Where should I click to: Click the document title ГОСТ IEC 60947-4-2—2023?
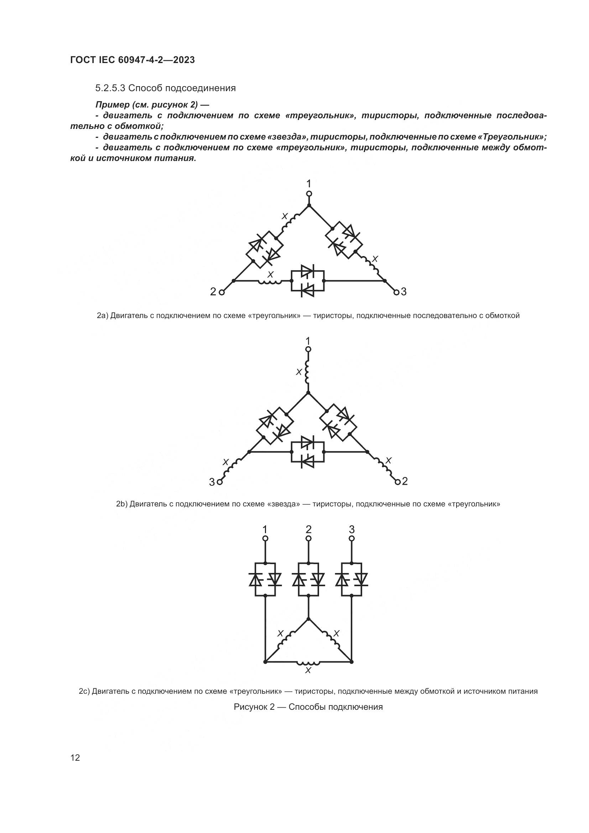pyautogui.click(x=132, y=60)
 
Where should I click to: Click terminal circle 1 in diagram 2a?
pyautogui.click(x=309, y=194)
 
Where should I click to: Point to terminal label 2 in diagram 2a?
pyautogui.click(x=213, y=292)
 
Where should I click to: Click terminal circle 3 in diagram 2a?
pyautogui.click(x=396, y=292)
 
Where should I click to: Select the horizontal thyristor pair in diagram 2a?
pyautogui.click(x=308, y=281)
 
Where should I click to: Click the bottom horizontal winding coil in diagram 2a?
pyautogui.click(x=270, y=282)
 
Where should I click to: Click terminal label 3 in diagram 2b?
pyautogui.click(x=212, y=482)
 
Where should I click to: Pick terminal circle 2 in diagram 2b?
pyautogui.click(x=397, y=482)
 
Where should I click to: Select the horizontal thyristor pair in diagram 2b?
pyautogui.click(x=308, y=452)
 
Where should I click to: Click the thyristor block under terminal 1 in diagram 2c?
pyautogui.click(x=265, y=580)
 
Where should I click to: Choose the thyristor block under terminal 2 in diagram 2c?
pyautogui.click(x=308, y=580)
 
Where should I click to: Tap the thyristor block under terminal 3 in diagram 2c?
pyautogui.click(x=351, y=580)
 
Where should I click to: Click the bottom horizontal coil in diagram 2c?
pyautogui.click(x=308, y=662)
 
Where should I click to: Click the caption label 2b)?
pyautogui.click(x=122, y=504)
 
